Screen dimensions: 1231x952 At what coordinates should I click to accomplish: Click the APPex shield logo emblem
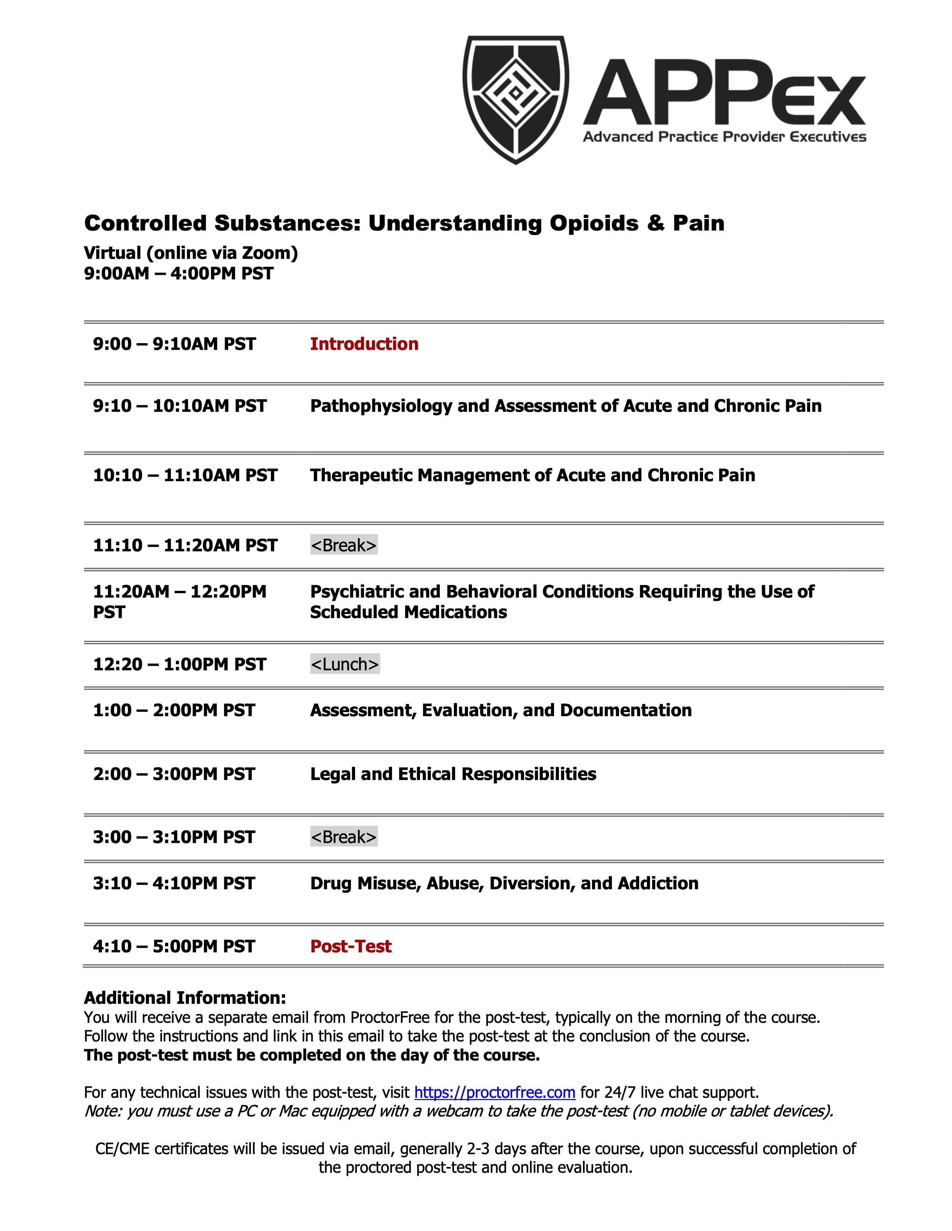pos(516,99)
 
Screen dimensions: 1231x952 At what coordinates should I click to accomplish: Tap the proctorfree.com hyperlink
pos(495,1092)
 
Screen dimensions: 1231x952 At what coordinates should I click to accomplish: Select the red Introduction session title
pos(364,344)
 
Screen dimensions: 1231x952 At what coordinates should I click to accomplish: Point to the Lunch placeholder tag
pos(345,664)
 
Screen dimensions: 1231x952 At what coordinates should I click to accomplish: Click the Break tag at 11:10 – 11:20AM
pos(343,545)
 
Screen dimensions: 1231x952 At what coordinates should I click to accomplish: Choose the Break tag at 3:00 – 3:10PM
pos(343,837)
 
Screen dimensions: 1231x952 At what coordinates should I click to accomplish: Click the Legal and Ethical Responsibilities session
pos(453,774)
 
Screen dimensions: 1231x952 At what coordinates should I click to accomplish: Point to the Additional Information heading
pos(185,997)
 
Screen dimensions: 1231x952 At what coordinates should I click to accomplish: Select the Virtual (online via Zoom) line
pos(191,253)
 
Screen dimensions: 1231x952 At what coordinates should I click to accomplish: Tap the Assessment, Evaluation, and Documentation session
pos(501,710)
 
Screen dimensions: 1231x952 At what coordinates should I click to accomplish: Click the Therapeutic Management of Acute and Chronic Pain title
pos(532,475)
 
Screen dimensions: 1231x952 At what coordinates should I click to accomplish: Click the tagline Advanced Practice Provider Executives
pos(724,137)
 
